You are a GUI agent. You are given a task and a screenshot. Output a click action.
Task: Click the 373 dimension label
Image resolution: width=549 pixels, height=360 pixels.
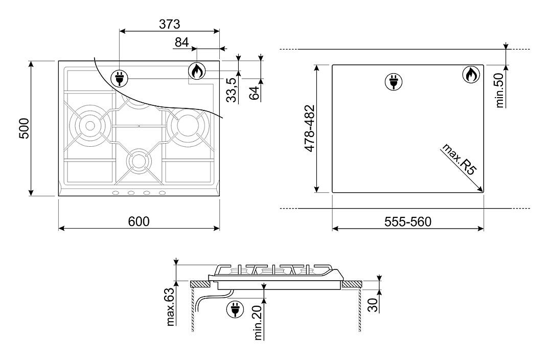(170, 24)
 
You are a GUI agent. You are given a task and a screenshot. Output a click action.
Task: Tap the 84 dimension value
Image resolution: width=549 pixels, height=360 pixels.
(181, 42)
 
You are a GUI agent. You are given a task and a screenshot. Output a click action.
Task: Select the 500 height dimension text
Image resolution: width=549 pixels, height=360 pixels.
(24, 128)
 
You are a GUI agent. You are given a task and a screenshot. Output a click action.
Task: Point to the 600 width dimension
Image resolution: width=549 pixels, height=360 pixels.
(139, 221)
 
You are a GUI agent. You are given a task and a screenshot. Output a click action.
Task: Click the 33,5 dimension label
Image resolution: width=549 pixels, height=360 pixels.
(231, 90)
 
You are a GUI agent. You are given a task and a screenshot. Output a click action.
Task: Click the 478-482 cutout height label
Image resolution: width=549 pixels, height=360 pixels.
(310, 128)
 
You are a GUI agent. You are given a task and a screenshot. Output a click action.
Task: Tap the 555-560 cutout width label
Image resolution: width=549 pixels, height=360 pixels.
(408, 221)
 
